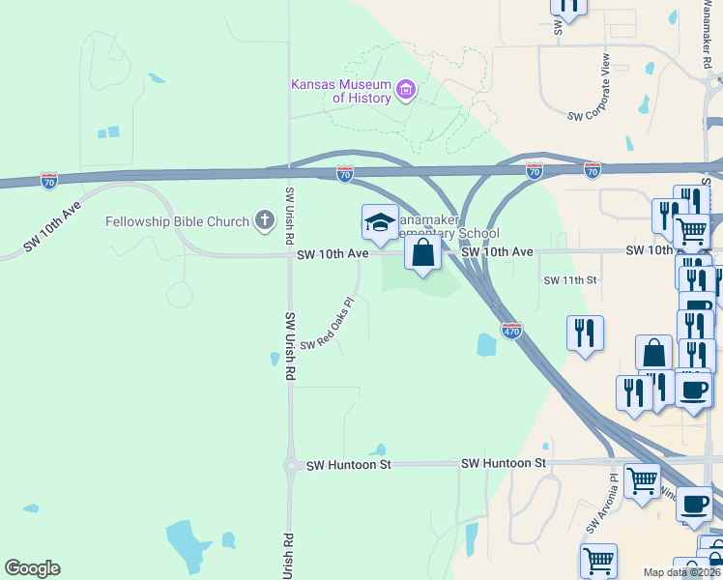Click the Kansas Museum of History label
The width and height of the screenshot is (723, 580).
tap(341, 91)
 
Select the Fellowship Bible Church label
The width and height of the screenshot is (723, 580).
tap(178, 221)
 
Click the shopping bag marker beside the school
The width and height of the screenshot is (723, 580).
tap(422, 253)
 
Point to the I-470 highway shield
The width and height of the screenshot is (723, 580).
tap(512, 331)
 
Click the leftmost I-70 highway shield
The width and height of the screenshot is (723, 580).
tap(49, 180)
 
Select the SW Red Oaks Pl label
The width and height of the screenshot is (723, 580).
tap(328, 324)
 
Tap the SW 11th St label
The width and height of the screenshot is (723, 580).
tap(571, 280)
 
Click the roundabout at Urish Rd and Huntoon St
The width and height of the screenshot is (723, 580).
tap(290, 466)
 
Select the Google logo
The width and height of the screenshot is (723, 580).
tap(32, 568)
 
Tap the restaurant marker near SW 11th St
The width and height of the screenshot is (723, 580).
tap(585, 334)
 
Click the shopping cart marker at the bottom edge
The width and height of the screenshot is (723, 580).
tap(598, 561)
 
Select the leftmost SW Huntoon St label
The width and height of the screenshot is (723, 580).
tap(348, 465)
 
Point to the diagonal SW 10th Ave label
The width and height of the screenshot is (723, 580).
tap(52, 228)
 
